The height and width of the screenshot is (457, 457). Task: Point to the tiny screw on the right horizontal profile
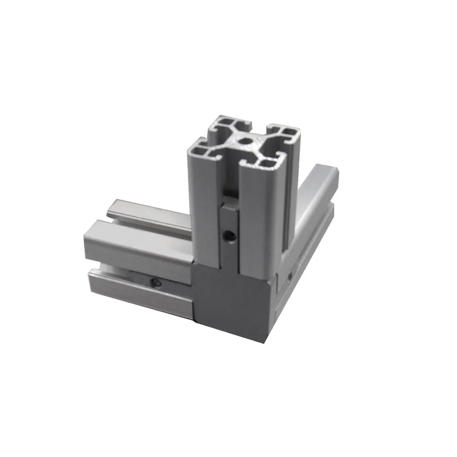[290, 277]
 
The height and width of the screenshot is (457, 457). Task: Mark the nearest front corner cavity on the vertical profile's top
[266, 163]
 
